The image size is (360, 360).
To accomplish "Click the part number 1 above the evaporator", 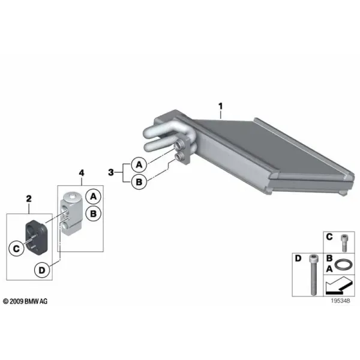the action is (x=220, y=106).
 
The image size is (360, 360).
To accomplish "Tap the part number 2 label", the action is (x=29, y=199).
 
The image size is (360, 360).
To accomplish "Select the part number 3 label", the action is (x=111, y=172).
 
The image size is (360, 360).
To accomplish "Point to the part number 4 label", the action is (x=82, y=173).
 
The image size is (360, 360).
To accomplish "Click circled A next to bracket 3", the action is (x=139, y=164).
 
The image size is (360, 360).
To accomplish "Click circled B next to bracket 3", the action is (x=139, y=182).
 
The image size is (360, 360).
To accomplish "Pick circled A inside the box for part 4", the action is (x=93, y=197).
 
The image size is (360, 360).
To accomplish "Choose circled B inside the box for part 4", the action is (x=93, y=214).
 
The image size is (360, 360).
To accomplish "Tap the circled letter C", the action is (x=16, y=249).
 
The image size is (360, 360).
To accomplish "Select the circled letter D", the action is (x=42, y=270).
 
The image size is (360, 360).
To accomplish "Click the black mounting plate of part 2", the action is (x=37, y=238).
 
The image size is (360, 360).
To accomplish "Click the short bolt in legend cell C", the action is (x=344, y=243).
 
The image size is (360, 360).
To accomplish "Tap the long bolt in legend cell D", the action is (x=313, y=275).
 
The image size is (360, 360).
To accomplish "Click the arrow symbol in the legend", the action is (x=339, y=286).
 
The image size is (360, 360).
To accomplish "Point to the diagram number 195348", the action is (x=340, y=301).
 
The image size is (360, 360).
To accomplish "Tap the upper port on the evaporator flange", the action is (x=179, y=145).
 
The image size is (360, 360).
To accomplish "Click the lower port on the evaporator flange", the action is (x=179, y=157).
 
